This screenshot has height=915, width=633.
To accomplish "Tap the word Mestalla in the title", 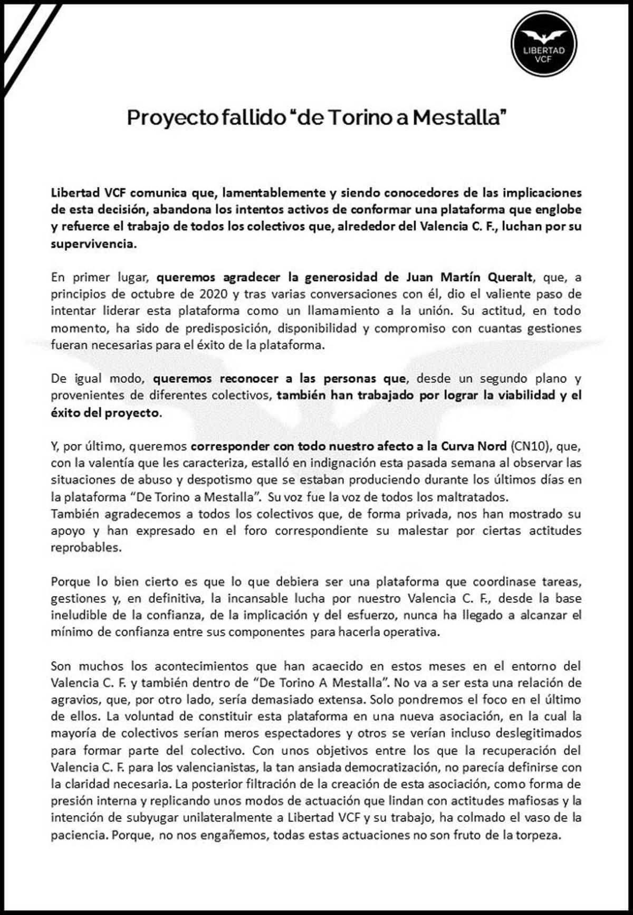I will (x=459, y=117).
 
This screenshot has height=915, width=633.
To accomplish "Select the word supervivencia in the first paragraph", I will (x=93, y=244).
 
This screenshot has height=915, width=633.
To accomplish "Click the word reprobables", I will (x=85, y=548).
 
